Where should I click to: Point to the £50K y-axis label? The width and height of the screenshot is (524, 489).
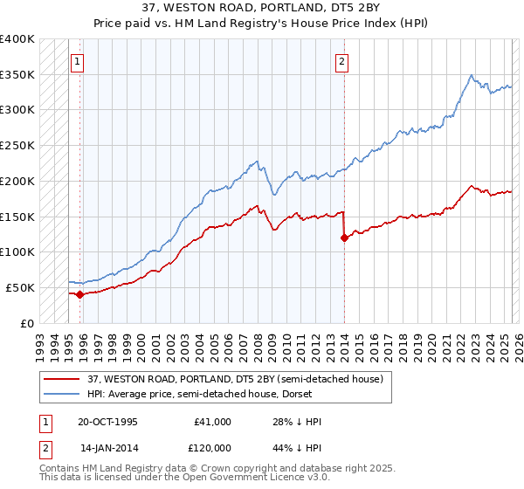20,287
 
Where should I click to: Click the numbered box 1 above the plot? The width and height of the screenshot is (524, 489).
79,62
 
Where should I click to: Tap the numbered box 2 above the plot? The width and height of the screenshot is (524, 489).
341,62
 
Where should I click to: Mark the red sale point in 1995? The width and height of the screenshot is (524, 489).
79,294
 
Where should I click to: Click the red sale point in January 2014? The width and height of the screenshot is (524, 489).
344,238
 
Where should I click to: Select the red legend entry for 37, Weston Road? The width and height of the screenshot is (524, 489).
234,379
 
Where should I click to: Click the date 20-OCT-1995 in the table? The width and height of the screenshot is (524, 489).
107,422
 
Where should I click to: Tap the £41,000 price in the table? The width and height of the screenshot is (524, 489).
212,422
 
